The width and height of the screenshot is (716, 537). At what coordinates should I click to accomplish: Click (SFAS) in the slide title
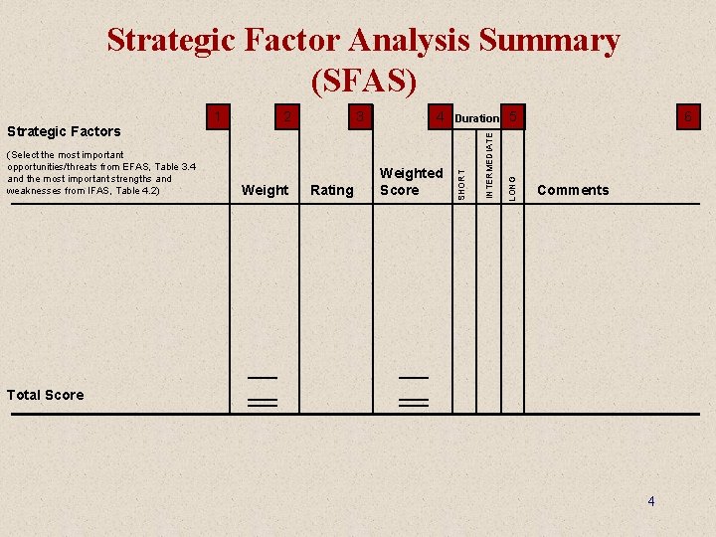click(x=363, y=80)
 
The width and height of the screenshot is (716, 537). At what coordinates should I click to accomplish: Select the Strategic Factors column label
click(x=64, y=131)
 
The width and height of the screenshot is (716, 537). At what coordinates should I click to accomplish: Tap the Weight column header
click(x=266, y=190)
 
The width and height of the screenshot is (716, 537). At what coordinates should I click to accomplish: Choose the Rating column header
click(x=332, y=190)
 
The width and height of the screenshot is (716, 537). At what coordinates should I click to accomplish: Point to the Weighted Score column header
click(x=411, y=181)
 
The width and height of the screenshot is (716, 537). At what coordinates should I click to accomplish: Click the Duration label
click(x=476, y=118)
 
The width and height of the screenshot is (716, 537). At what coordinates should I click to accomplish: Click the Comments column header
click(x=573, y=190)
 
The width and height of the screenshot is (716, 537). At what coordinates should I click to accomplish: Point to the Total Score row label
click(x=45, y=395)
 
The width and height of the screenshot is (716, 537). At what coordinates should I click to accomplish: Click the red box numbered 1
click(x=219, y=117)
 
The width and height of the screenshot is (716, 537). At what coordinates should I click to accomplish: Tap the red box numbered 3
click(x=362, y=117)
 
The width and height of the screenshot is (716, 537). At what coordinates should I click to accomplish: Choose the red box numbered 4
click(x=439, y=117)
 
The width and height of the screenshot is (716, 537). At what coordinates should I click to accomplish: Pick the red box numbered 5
click(x=513, y=117)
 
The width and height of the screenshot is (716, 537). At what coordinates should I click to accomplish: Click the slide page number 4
click(x=651, y=501)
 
